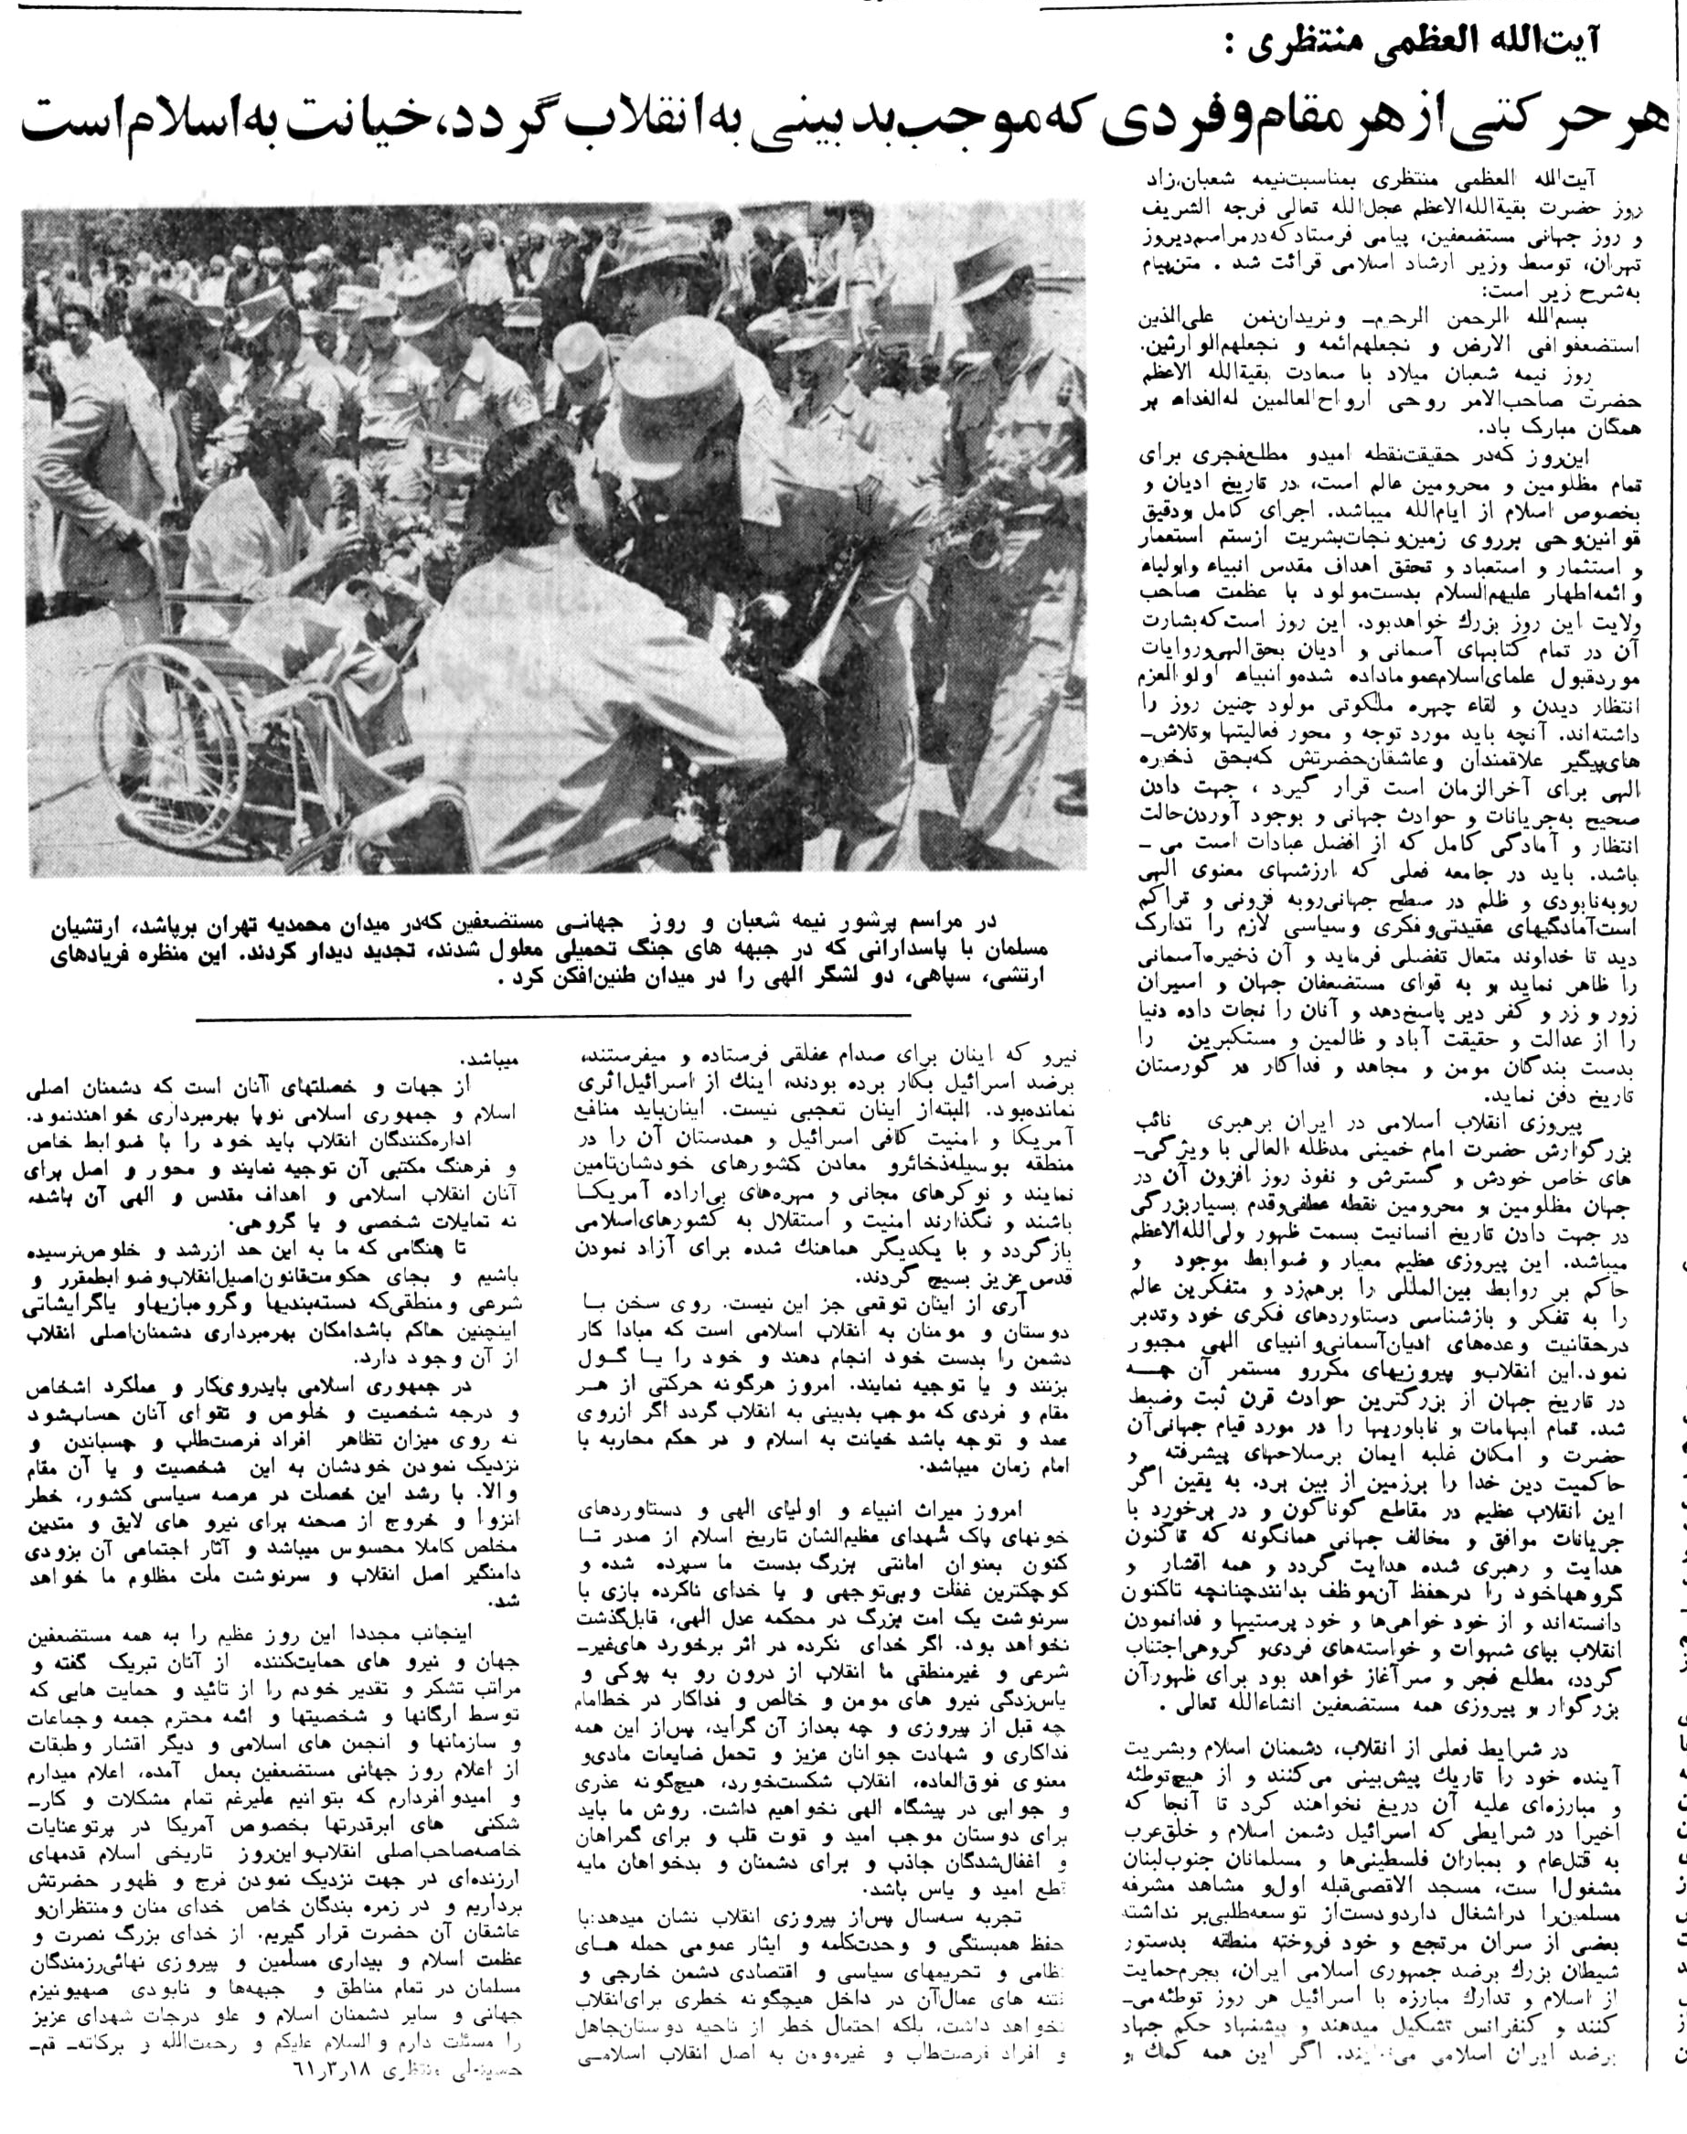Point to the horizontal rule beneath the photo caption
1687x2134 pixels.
coord(553,1016)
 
